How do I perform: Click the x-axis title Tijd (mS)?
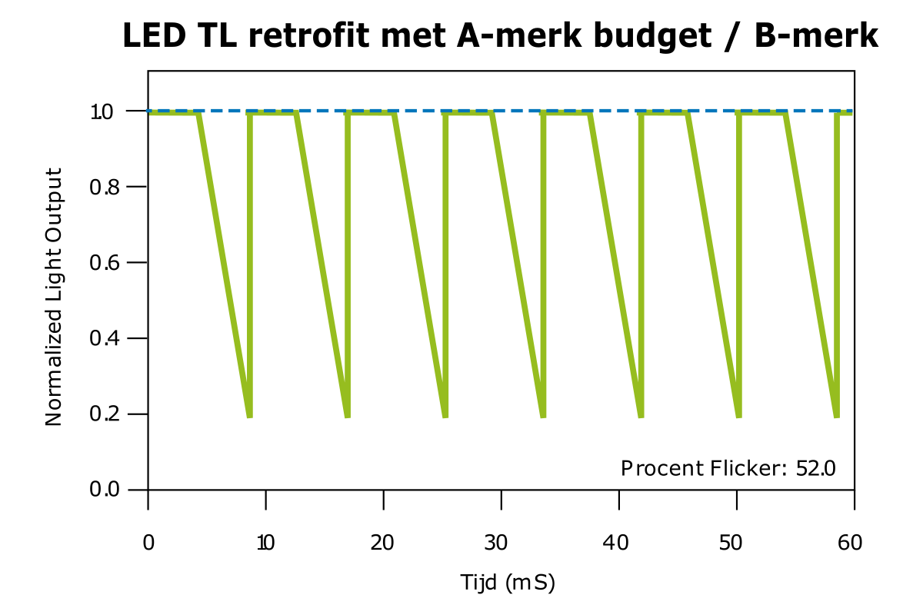[x=508, y=583]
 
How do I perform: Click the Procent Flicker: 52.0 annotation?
[x=728, y=468]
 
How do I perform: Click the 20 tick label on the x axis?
[x=383, y=544]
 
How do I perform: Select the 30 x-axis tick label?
[x=501, y=544]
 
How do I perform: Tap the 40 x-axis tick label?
[x=618, y=544]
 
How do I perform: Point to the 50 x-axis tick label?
[x=736, y=544]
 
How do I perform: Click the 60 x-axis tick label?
[x=851, y=544]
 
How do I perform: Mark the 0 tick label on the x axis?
[x=148, y=544]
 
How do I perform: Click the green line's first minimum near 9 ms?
[x=249, y=416]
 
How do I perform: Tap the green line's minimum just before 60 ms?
[x=837, y=416]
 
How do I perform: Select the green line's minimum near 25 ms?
[x=445, y=416]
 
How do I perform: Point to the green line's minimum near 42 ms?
[x=641, y=416]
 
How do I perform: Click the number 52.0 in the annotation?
[x=815, y=468]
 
